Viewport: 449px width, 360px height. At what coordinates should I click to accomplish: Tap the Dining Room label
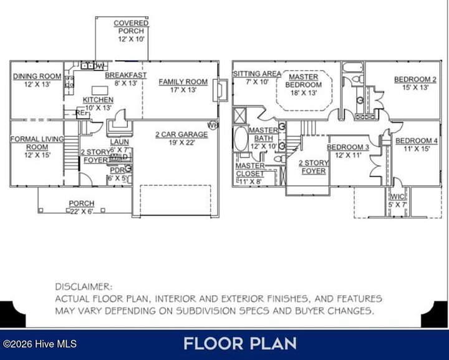[x=37, y=80]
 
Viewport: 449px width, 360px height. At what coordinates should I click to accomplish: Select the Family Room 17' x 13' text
[x=183, y=85]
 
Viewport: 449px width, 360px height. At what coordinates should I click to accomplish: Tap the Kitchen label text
[x=98, y=104]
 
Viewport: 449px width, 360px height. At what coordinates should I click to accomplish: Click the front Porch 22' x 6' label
[x=82, y=207]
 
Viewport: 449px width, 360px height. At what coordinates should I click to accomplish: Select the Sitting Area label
[x=253, y=77]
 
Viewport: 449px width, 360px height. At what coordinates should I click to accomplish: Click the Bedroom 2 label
[x=415, y=83]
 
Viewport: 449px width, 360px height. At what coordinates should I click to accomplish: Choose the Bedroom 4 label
[x=417, y=145]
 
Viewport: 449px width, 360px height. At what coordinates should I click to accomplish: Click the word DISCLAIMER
[x=83, y=287]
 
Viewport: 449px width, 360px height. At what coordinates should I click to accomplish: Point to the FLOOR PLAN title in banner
[x=240, y=343]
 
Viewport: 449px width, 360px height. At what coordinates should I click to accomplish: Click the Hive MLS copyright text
[x=34, y=344]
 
